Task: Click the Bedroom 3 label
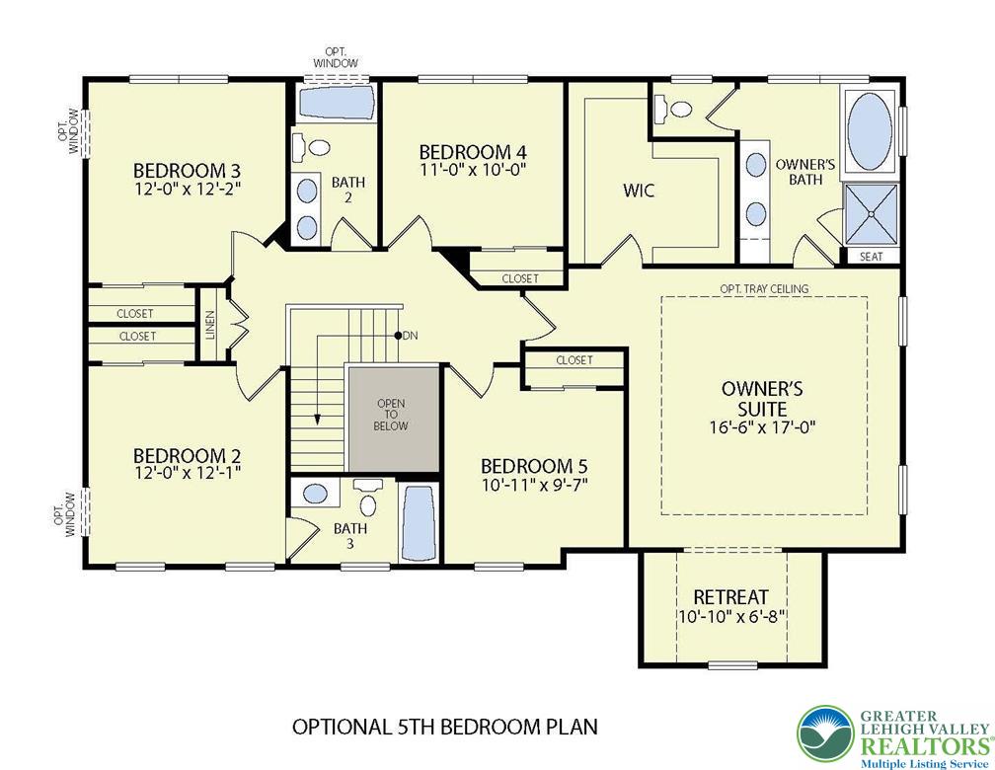pos(188,171)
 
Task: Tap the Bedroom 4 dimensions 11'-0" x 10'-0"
pos(474,170)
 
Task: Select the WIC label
pos(639,191)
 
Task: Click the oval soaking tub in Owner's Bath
pos(870,130)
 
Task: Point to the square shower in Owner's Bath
pos(871,213)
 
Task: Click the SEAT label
pos(871,257)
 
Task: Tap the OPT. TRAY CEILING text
pos(764,289)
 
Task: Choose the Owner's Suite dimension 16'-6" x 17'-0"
pos(761,425)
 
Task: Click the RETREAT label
pos(730,597)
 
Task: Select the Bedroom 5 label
pos(534,467)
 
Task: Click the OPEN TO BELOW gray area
pos(394,418)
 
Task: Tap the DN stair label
pos(410,336)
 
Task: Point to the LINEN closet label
pos(210,325)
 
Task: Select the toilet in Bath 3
pos(367,500)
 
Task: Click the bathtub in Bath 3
pos(420,523)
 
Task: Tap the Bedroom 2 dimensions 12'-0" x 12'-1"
pos(188,472)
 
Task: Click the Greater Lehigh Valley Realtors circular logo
pos(825,735)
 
